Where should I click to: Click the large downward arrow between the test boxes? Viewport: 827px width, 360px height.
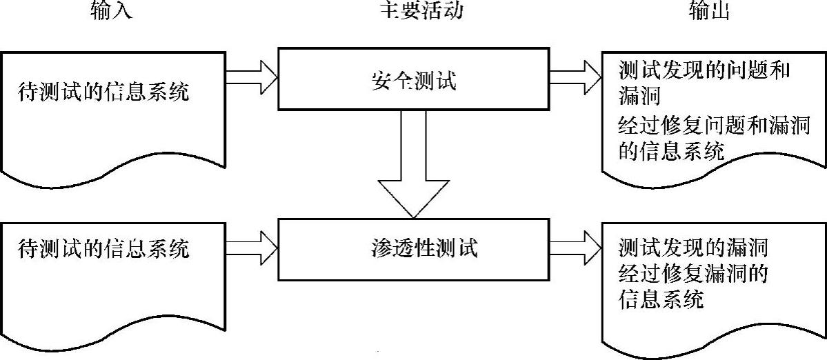(412, 172)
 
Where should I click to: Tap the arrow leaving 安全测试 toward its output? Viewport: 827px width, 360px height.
(575, 72)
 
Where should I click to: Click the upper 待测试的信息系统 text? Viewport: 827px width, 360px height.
(103, 92)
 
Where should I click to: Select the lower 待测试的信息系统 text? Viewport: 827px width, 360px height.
(103, 248)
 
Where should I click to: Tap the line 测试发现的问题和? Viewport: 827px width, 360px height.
(704, 70)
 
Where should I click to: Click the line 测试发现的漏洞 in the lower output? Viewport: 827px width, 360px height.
(693, 246)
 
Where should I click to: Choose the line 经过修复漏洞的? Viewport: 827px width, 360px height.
(693, 273)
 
